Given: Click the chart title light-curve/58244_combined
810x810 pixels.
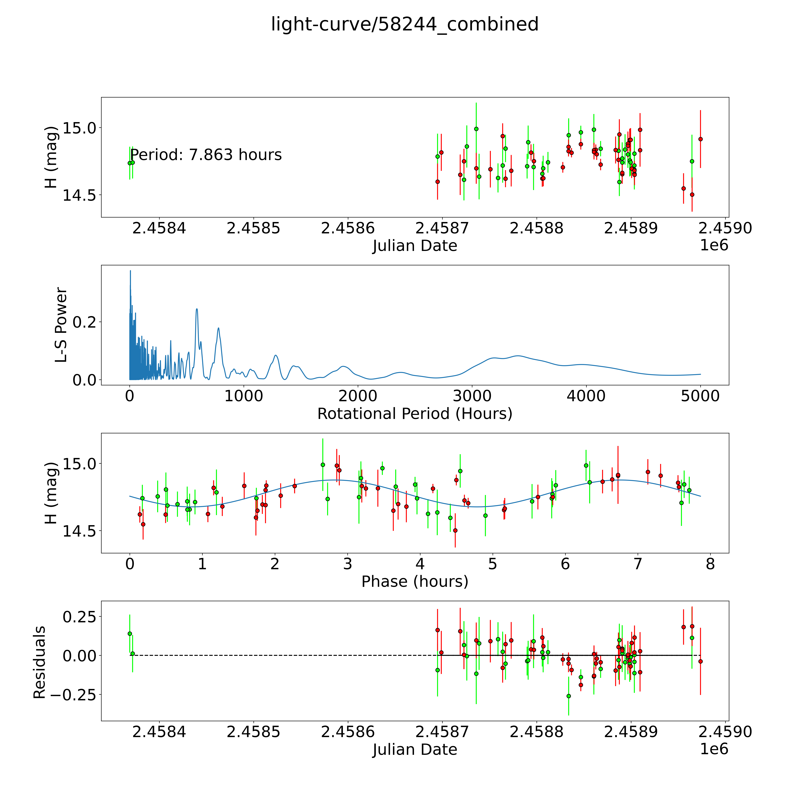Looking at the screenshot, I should (405, 24).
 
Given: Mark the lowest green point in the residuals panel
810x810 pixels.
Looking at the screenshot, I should (568, 696).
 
